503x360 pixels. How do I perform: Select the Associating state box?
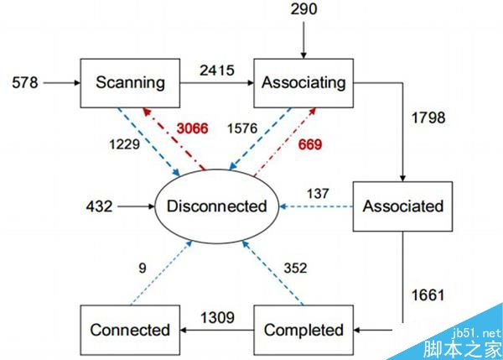(x=303, y=82)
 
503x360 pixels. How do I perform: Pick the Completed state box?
(x=303, y=330)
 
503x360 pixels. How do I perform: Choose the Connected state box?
(x=130, y=330)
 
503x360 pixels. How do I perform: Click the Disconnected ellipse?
(x=216, y=206)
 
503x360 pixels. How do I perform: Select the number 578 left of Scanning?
(x=25, y=82)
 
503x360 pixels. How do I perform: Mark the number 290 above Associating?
(x=304, y=10)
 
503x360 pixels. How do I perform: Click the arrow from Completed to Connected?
(x=216, y=331)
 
